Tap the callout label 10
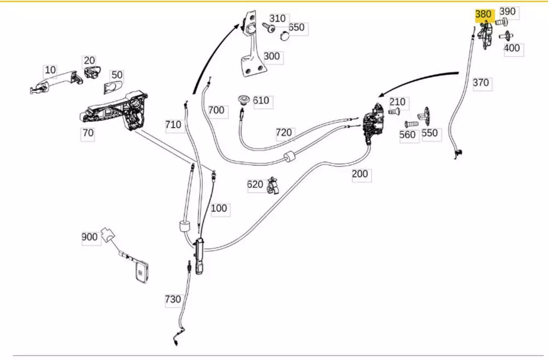point(50,70)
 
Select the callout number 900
point(89,237)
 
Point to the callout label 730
point(173,299)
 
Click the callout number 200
point(360,175)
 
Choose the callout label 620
point(255,185)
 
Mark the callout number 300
point(271,56)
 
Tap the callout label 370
point(481,83)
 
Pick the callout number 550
point(430,133)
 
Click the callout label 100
point(218,208)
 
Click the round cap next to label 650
point(284,36)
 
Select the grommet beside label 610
point(243,99)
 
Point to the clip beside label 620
point(273,187)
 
